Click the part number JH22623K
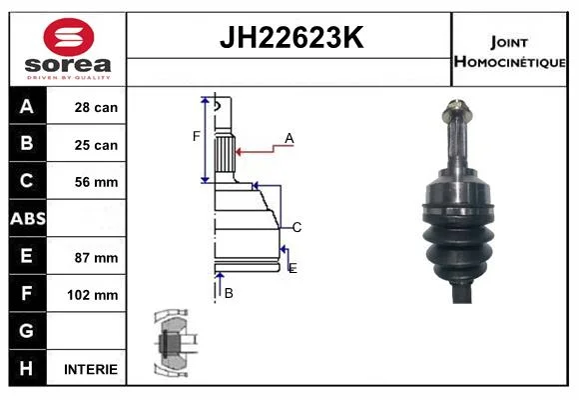pos(291,38)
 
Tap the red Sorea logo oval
pos(69,37)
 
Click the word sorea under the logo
pos(68,65)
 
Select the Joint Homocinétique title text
pos(509,52)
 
